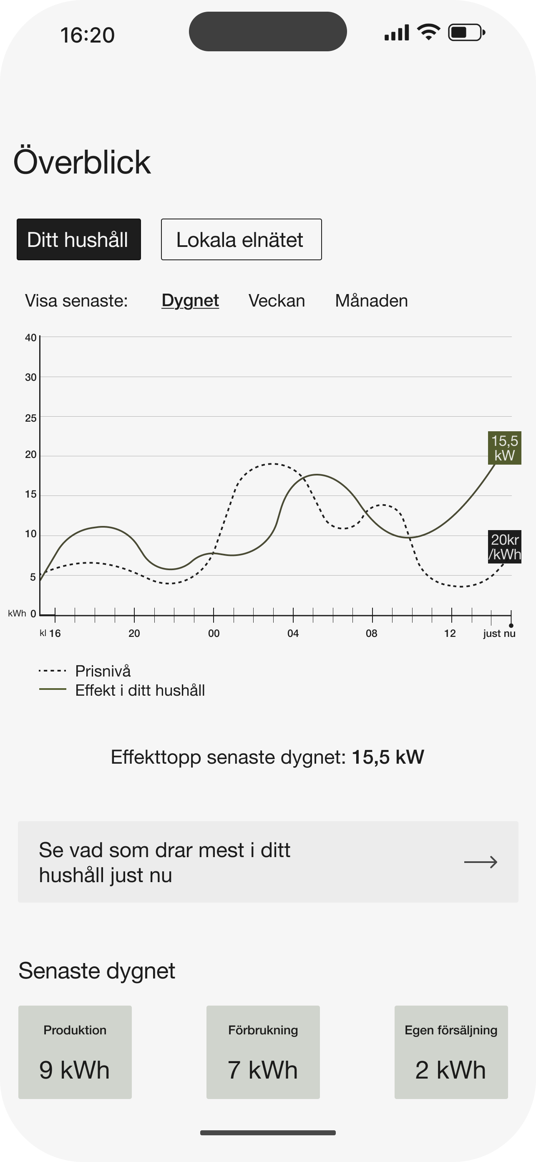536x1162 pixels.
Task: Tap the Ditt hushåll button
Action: pos(78,239)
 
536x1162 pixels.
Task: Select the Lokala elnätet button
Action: pos(242,239)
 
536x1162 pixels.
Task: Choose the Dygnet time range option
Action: pos(190,301)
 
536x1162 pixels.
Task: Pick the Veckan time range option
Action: pos(277,301)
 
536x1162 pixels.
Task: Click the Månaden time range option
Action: pos(371,301)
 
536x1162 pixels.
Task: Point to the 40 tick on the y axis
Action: pos(31,337)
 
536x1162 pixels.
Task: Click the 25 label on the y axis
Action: pos(31,418)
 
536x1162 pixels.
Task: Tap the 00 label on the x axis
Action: pos(214,633)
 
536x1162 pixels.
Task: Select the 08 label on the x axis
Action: pos(371,633)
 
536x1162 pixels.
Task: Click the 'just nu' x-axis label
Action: pos(499,633)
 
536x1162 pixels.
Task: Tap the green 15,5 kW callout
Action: pos(504,448)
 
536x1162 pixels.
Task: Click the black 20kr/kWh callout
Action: pos(504,547)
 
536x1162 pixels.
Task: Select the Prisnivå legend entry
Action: pos(85,671)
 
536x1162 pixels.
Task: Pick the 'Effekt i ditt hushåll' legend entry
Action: pos(122,690)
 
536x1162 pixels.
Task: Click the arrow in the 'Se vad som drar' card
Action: pos(481,862)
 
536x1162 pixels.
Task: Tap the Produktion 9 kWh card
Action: pos(75,1052)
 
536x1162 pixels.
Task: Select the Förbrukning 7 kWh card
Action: pos(263,1052)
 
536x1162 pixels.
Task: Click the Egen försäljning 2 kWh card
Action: pos(451,1052)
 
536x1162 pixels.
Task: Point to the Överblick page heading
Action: pos(82,161)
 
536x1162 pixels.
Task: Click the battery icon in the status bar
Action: pos(466,33)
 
